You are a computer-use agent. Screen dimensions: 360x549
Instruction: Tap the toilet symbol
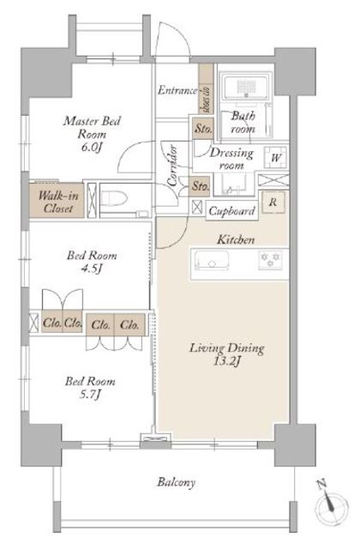click(114, 199)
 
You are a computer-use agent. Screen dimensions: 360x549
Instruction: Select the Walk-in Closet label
click(57, 202)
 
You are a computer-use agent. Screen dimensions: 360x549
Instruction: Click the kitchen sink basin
click(212, 261)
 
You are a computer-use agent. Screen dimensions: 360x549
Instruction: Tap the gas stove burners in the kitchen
click(270, 260)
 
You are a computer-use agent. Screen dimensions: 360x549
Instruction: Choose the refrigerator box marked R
click(273, 202)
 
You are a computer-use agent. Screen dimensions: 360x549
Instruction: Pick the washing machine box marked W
click(275, 158)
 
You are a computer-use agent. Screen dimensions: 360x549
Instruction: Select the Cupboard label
click(231, 211)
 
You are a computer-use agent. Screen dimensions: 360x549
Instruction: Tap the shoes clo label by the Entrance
click(206, 100)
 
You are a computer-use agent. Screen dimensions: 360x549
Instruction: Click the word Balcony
click(176, 482)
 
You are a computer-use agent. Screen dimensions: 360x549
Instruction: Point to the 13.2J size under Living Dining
click(226, 361)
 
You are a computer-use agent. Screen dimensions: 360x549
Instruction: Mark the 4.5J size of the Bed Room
click(92, 268)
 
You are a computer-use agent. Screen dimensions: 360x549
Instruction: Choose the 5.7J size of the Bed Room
click(90, 395)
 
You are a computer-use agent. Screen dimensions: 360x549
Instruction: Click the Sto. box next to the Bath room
click(203, 128)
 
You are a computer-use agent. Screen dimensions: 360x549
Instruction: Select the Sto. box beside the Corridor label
click(201, 186)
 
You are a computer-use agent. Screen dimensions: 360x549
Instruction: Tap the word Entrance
click(177, 91)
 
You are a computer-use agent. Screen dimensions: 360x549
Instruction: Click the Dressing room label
click(231, 158)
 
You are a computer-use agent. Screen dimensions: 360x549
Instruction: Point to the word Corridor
click(173, 166)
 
